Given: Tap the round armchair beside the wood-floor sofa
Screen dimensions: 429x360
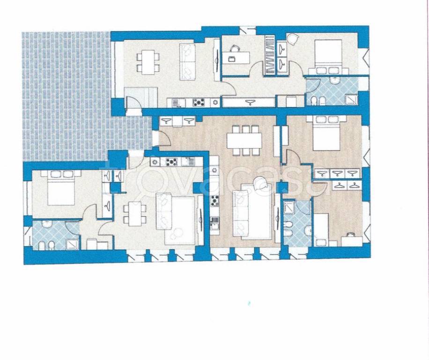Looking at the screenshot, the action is tap(260, 183).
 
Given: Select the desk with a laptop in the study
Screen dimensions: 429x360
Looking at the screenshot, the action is tap(236, 58).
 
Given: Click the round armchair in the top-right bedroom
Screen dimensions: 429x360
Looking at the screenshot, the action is tap(292, 39).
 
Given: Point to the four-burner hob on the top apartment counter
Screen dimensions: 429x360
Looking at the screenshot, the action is tap(199, 103).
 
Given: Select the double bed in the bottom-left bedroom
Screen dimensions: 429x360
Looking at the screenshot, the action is tap(61, 188).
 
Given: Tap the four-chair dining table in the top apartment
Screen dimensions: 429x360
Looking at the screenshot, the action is tap(148, 62).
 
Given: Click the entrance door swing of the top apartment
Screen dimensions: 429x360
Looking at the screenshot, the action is tap(133, 103).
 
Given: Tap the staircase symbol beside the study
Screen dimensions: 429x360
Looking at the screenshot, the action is tap(271, 54).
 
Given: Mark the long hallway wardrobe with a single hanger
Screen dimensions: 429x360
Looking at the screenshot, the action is tap(249, 102).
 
